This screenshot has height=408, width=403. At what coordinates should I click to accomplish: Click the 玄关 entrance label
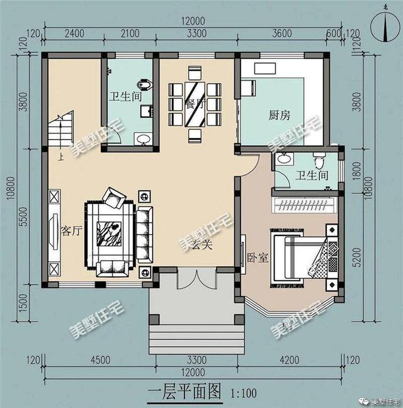pyautogui.click(x=202, y=244)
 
